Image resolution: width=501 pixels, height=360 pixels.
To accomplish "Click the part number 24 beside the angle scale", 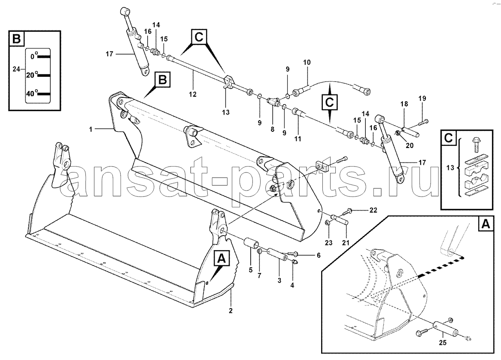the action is [16, 69].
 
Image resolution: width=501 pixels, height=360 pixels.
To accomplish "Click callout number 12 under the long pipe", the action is [193, 94].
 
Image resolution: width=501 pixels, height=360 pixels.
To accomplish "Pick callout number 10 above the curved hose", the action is [307, 62].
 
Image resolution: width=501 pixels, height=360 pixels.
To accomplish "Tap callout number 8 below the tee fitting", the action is [272, 130].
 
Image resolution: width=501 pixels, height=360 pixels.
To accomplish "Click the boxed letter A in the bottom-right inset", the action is [486, 224].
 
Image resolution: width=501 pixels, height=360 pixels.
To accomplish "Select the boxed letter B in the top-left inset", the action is [17, 39].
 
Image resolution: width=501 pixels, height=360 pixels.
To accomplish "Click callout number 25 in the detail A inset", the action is [443, 343].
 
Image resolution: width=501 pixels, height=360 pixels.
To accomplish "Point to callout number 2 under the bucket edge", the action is [231, 311].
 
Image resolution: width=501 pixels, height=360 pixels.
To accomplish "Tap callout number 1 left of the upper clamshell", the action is [91, 130].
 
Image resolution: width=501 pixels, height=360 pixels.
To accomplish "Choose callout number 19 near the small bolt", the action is [422, 98].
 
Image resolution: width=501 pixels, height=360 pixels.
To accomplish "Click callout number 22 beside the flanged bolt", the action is [373, 210].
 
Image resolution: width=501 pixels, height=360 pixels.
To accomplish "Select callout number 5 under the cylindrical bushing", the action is [251, 270].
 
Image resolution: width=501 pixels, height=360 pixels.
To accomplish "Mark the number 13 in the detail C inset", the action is [450, 167].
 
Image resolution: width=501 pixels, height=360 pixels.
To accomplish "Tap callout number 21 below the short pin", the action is [346, 243].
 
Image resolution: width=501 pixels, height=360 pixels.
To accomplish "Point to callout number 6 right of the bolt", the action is [319, 255].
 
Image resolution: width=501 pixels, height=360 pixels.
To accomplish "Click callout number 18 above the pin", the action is [404, 104].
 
